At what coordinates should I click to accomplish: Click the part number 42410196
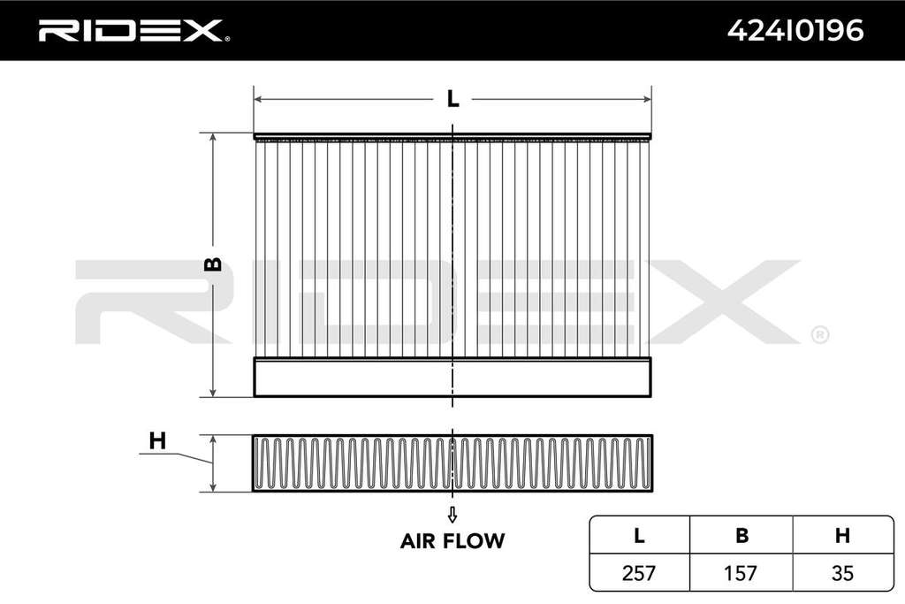point(795,31)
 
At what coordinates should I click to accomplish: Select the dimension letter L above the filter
point(453,99)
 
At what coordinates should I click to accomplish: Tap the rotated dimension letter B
point(213,264)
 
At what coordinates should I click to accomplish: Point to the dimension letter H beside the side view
point(157,440)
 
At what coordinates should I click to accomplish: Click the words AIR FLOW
point(452,541)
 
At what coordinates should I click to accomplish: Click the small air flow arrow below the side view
point(452,515)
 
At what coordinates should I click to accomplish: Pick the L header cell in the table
point(639,536)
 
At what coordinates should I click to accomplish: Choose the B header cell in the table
point(741,536)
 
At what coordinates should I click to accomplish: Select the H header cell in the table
point(842,536)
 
